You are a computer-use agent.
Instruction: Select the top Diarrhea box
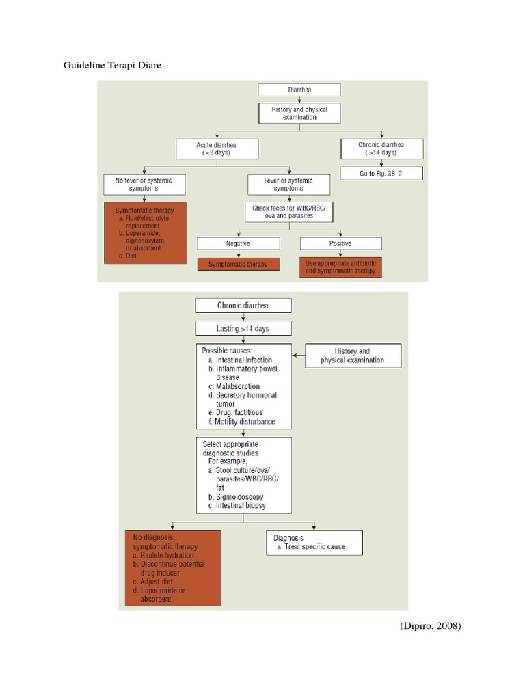tap(297, 90)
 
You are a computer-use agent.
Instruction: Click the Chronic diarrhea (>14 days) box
tap(381, 148)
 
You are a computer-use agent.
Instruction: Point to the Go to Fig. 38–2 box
tap(381, 174)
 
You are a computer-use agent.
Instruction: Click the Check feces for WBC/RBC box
tap(288, 212)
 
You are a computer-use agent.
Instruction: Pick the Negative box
tap(239, 243)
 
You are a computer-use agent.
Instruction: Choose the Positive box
tap(340, 243)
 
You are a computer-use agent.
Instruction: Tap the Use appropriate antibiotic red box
tap(340, 267)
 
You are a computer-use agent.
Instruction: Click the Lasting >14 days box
tap(243, 328)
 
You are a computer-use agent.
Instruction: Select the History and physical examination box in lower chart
tap(353, 355)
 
